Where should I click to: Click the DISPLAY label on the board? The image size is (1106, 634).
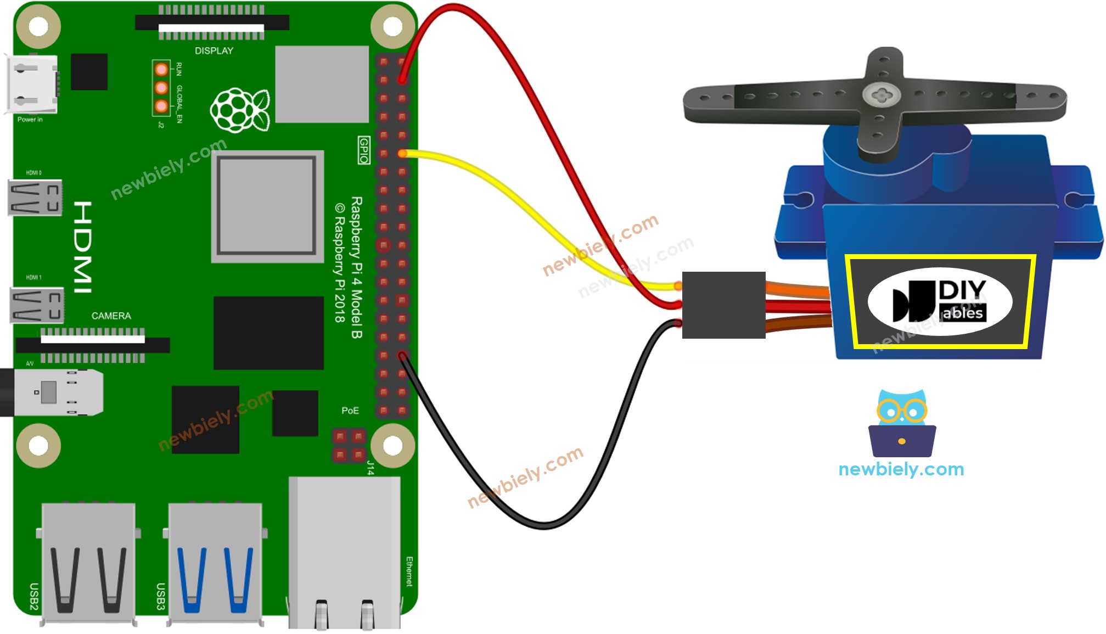click(x=214, y=51)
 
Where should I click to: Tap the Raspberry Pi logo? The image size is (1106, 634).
click(x=240, y=110)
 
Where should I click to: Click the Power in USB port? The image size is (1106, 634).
click(x=32, y=84)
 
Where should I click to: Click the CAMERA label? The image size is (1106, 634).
click(x=111, y=316)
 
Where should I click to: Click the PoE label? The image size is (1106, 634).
click(x=350, y=411)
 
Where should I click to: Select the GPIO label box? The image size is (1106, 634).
click(x=363, y=150)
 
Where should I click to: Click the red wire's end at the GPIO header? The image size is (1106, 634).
click(x=402, y=80)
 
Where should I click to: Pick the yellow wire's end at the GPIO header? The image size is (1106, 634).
click(x=402, y=154)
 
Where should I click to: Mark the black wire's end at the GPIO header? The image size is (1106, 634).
click(x=402, y=356)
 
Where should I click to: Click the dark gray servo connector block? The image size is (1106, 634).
click(x=723, y=305)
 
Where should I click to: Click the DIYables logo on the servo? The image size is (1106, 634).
click(x=940, y=302)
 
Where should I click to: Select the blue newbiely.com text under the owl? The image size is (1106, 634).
click(x=901, y=469)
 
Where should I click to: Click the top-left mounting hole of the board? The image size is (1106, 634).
click(x=38, y=26)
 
